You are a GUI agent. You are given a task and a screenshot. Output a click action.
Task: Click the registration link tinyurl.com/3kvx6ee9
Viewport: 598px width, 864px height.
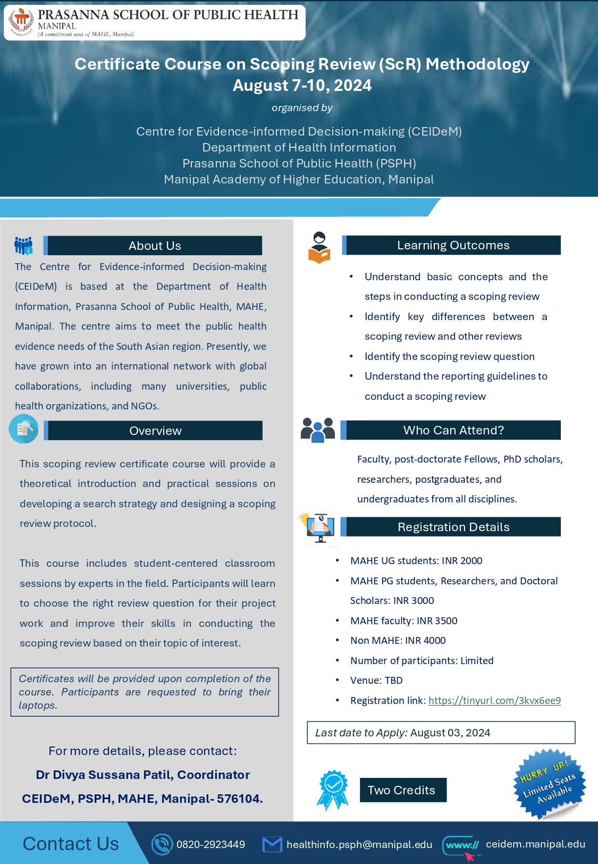pos(494,700)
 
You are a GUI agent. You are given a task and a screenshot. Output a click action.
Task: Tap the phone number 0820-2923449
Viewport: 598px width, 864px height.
pos(210,844)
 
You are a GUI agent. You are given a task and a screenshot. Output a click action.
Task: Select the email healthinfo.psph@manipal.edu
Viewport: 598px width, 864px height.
pos(359,844)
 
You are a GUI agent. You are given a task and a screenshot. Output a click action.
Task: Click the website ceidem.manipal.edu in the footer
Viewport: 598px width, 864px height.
pos(535,844)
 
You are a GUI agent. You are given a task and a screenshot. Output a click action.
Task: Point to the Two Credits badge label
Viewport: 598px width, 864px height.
pos(402,790)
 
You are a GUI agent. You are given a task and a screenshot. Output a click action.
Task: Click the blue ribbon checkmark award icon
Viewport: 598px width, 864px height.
pos(333,789)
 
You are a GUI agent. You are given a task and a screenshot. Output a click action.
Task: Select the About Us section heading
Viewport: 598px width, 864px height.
pos(155,246)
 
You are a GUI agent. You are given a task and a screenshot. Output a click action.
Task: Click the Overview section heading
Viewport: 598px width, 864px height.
pos(155,431)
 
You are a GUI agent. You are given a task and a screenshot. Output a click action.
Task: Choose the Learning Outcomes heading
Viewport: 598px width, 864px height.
pos(453,245)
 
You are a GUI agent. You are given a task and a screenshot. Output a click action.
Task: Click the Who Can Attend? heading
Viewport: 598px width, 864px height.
pos(453,430)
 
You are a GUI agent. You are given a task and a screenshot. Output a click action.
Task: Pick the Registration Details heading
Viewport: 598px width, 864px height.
pos(453,527)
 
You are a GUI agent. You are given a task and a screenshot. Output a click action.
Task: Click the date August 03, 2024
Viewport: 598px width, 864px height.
pos(450,733)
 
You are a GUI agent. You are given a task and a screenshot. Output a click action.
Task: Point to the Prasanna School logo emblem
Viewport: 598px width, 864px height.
pos(21,22)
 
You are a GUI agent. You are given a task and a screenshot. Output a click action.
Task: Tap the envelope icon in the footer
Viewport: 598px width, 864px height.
pos(272,844)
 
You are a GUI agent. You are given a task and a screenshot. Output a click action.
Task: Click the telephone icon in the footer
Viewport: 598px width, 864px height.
pos(162,844)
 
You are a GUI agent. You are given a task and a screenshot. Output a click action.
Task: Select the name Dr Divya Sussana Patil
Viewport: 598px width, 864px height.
pos(104,775)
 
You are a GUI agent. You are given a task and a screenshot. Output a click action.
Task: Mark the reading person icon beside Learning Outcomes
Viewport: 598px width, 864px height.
pos(319,247)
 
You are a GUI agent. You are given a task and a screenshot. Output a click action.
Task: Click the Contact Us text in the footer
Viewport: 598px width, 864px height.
pos(71,844)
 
